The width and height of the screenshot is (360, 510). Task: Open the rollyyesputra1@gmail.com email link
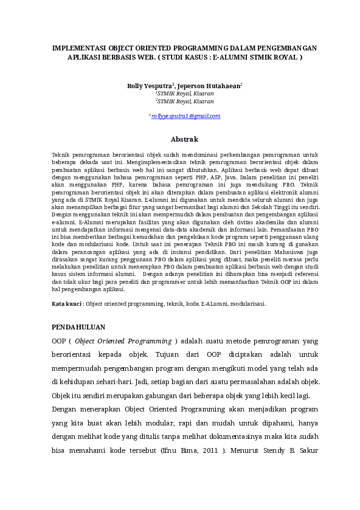pos(185,115)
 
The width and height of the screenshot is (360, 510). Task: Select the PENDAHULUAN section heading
pos(78,326)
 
